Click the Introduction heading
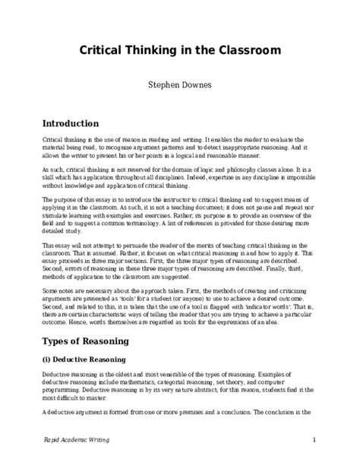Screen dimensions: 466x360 (x=70, y=123)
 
